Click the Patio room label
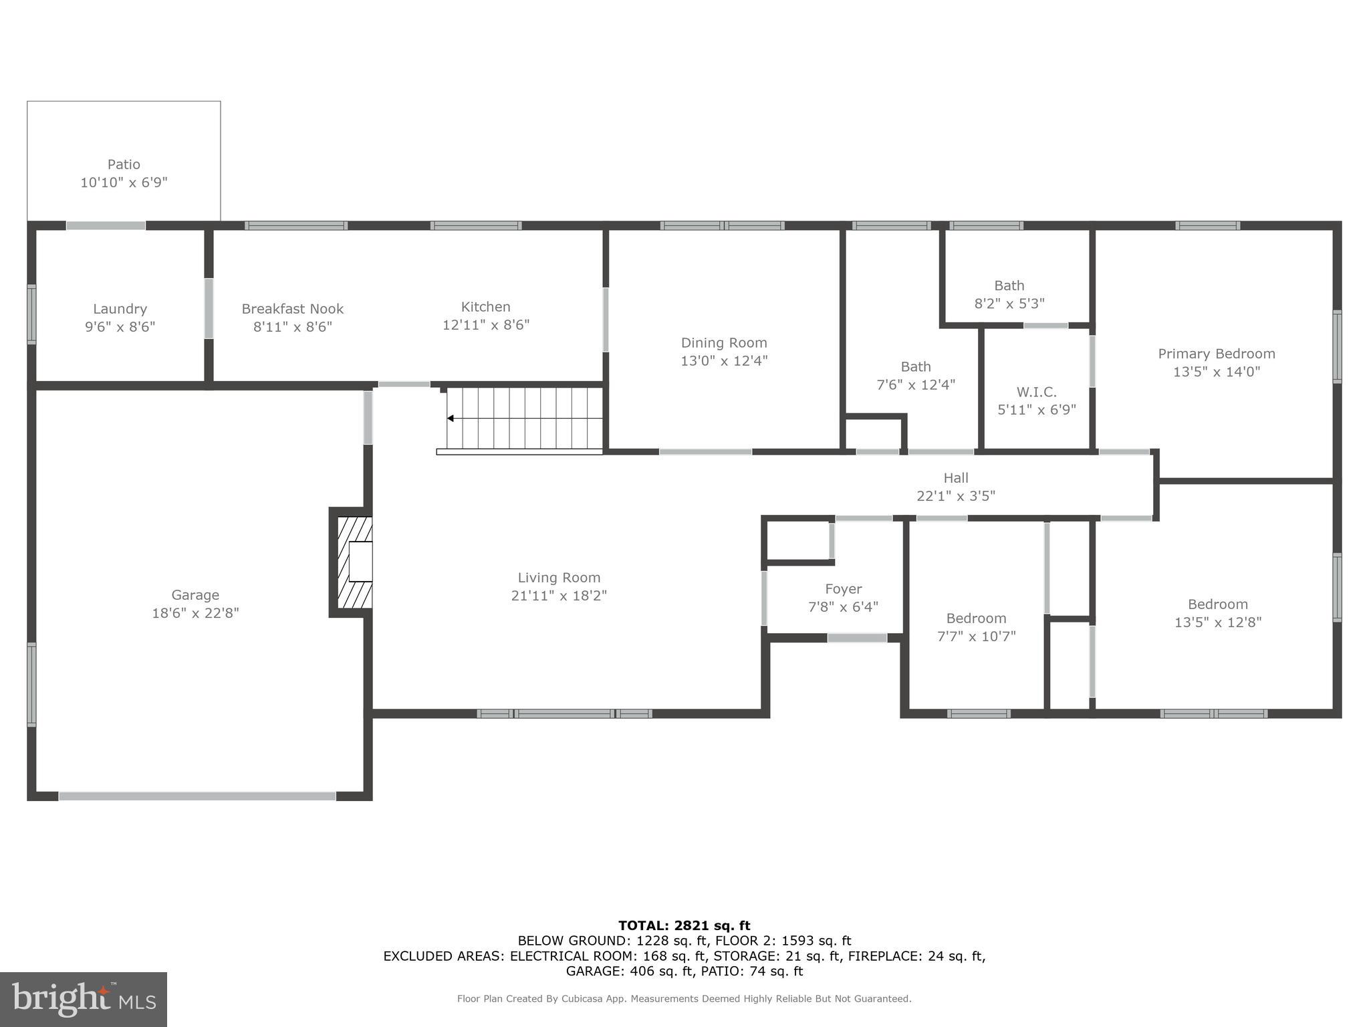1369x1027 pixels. point(124,164)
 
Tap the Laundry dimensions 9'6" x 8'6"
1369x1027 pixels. point(120,327)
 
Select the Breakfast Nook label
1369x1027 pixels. point(292,309)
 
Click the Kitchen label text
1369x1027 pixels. point(485,307)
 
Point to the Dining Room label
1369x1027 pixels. point(723,343)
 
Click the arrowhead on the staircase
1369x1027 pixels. point(451,419)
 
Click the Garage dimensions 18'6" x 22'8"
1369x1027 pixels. point(195,613)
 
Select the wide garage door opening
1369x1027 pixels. point(197,796)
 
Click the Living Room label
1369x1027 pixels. point(559,578)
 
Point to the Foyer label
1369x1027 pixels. point(843,589)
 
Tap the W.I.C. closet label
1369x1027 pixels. point(1036,392)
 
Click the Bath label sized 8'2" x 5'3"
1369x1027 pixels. point(1009,286)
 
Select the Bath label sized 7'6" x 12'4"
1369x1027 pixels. point(915,366)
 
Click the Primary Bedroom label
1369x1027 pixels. point(1216,354)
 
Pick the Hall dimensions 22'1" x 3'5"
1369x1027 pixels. point(955,496)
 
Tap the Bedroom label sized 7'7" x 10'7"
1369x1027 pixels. point(976,618)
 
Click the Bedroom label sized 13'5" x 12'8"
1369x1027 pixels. point(1217,604)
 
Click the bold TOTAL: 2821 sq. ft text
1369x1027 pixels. point(684,925)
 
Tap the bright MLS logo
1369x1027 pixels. point(84,999)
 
